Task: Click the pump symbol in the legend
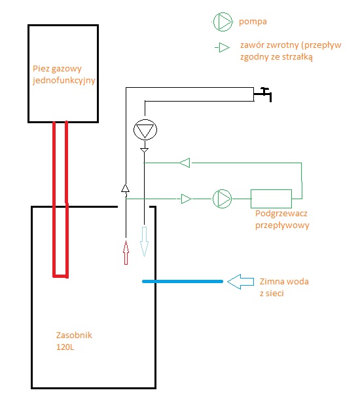point(223,22)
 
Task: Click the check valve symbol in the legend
point(224,48)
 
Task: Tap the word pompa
point(253,22)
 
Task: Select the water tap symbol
point(262,94)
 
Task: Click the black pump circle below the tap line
point(145,130)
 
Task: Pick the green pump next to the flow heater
point(222,199)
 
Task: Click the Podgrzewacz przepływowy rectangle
point(271,199)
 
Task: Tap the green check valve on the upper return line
point(185,163)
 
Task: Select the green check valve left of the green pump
point(186,199)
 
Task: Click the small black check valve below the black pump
point(144,150)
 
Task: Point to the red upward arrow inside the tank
point(126,252)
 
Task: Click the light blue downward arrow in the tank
point(144,242)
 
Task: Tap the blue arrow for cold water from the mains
point(240,282)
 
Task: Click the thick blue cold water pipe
point(183,281)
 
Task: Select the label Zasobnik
point(74,336)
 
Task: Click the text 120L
point(65,347)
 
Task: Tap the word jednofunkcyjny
point(64,81)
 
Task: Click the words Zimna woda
point(284,282)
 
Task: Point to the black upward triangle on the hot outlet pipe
point(126,188)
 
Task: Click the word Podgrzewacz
point(281,214)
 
